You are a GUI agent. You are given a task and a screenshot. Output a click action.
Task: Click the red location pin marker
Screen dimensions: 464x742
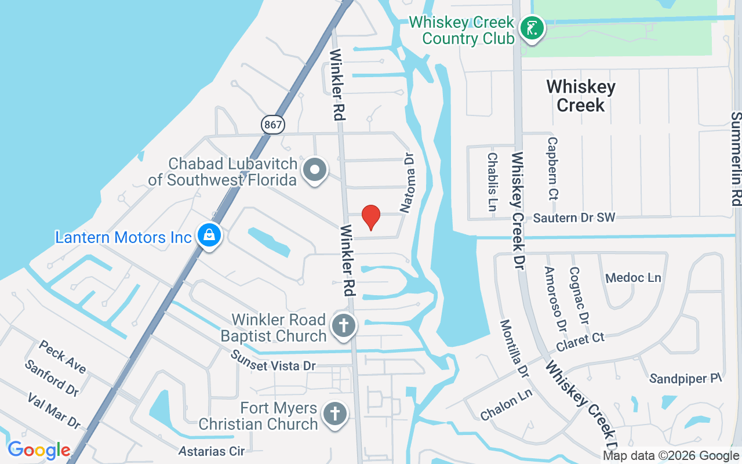371,217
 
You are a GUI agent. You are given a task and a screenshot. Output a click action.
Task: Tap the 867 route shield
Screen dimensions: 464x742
272,124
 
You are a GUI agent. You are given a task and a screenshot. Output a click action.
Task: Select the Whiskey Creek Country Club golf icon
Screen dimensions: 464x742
531,28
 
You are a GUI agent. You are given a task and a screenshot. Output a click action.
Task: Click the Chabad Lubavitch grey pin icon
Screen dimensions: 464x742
315,171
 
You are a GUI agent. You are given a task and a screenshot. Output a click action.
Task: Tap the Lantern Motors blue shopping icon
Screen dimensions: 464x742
209,235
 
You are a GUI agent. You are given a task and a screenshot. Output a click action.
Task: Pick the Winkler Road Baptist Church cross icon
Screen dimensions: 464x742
343,325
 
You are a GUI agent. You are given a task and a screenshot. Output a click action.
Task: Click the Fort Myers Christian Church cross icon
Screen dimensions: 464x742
334,414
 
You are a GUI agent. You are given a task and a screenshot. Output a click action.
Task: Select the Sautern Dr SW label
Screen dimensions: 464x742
574,218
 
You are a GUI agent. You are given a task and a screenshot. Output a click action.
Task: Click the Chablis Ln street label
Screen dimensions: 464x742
493,173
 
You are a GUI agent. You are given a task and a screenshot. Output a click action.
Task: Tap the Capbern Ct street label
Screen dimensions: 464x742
552,168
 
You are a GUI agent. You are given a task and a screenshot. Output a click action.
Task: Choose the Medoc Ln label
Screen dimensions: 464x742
633,278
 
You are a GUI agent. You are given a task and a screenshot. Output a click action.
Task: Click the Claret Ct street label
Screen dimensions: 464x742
580,342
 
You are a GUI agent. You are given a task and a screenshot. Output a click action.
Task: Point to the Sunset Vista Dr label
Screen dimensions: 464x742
273,361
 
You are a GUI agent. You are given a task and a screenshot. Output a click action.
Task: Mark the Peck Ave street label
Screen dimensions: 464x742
63,357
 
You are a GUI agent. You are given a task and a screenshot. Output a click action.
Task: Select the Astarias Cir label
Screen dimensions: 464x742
212,451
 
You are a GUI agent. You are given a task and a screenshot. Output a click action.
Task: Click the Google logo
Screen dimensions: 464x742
39,451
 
